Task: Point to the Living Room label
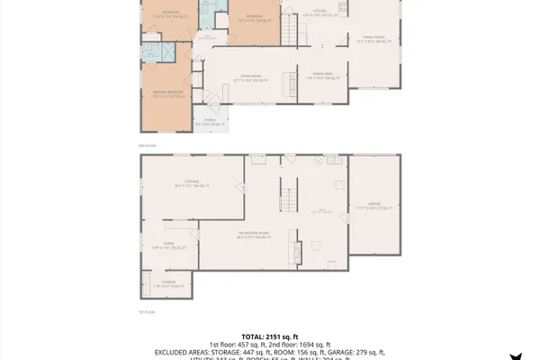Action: [248, 79]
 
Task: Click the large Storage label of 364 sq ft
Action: [191, 184]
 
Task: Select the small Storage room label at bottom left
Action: [168, 283]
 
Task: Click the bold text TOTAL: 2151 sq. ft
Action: [270, 335]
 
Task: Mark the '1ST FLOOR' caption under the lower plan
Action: [147, 312]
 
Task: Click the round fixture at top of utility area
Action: [317, 164]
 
